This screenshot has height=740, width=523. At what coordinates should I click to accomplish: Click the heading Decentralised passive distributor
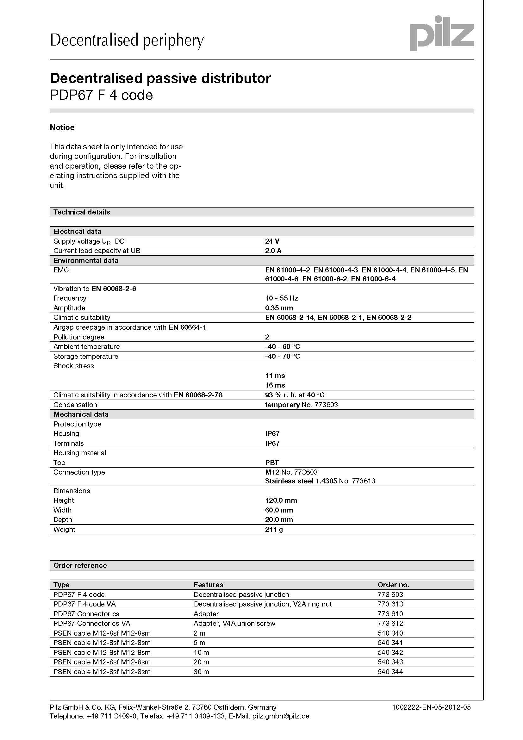tap(160, 78)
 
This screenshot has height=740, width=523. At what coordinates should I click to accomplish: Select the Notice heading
tap(62, 127)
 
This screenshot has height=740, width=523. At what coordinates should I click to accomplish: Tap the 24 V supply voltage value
tap(272, 241)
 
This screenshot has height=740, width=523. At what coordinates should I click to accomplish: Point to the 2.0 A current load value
tap(273, 251)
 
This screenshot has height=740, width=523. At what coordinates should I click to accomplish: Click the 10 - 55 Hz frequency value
tap(281, 298)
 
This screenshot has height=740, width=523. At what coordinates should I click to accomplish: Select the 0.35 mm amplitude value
tap(279, 308)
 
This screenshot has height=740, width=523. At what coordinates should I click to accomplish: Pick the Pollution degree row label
tap(79, 337)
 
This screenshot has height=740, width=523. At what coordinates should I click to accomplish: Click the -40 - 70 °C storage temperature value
tap(283, 356)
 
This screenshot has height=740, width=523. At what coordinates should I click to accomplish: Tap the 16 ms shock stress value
tap(275, 385)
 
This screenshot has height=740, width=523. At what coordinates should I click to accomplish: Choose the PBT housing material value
tap(272, 463)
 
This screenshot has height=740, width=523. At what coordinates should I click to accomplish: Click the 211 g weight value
tap(274, 530)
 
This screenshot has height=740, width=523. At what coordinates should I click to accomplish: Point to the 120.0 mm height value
tap(281, 501)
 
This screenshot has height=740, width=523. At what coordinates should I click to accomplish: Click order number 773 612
tap(390, 624)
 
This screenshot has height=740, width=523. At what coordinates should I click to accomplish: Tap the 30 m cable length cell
tap(202, 672)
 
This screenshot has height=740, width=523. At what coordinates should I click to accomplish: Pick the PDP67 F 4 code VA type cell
tap(84, 604)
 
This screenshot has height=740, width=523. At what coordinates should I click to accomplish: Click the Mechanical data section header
tap(81, 414)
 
